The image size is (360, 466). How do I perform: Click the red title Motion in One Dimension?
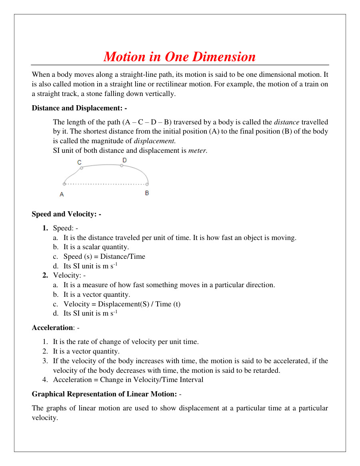pyautogui.click(x=180, y=56)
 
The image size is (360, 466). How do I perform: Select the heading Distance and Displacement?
pyautogui.click(x=79, y=108)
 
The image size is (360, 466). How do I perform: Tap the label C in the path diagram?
pyautogui.click(x=80, y=162)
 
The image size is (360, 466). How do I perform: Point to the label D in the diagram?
pyautogui.click(x=124, y=160)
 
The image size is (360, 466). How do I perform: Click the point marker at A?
pyautogui.click(x=64, y=184)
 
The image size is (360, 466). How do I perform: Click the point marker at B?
pyautogui.click(x=147, y=184)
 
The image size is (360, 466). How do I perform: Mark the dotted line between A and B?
pyautogui.click(x=106, y=184)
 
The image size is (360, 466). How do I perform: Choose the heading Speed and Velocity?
pyautogui.click(x=66, y=214)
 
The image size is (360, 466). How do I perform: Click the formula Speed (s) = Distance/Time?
pyautogui.click(x=104, y=256)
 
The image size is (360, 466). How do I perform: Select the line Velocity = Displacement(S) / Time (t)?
pyautogui.click(x=122, y=304)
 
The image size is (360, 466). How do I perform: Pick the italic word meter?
pyautogui.click(x=197, y=150)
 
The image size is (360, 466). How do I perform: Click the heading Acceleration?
pyautogui.click(x=52, y=328)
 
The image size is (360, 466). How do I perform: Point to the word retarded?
pyautogui.click(x=267, y=370)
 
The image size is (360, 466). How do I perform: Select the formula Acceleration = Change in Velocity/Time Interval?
pyautogui.click(x=128, y=380)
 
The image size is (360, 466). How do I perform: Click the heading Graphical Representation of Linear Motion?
pyautogui.click(x=104, y=394)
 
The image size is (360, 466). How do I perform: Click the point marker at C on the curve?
pyautogui.click(x=82, y=168)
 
